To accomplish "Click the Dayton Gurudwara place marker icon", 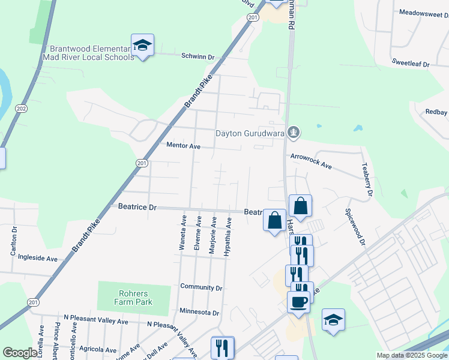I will coord(293,132).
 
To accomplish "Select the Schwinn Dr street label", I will coord(198,56).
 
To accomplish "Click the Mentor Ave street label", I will coord(183,146).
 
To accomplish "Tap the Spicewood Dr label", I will coord(354,226).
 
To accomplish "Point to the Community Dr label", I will coord(201,288).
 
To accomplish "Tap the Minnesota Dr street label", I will coord(199,313).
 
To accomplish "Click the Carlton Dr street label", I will coord(13,242).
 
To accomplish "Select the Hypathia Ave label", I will coord(228,237).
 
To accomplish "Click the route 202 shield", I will coord(22,109).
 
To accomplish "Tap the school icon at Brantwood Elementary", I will coord(143,45).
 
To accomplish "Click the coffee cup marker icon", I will coord(298,302).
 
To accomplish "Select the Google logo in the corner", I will coord(19,353).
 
